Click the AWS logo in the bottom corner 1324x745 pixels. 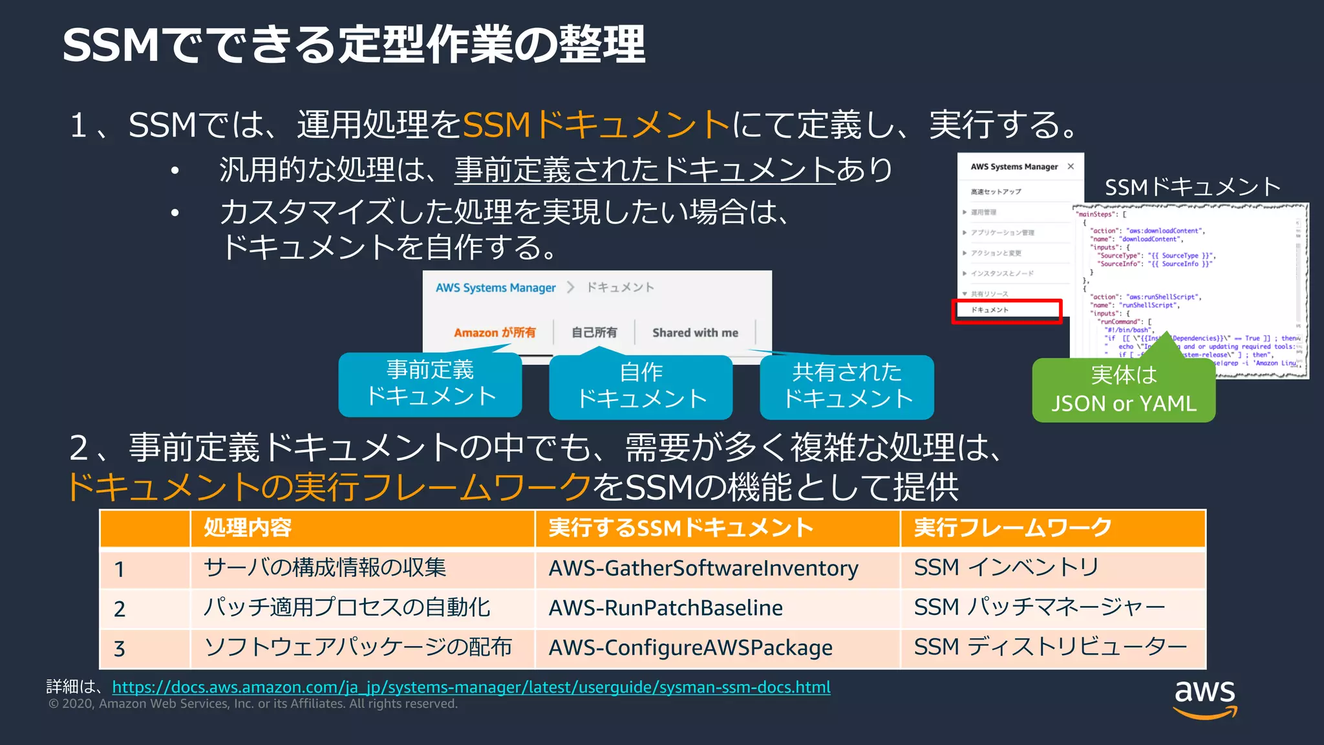(1204, 699)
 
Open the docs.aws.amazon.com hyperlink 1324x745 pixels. (471, 687)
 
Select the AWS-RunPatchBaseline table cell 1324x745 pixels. (666, 608)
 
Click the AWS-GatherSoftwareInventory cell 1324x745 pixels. (703, 568)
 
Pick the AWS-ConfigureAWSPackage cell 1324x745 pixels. (690, 647)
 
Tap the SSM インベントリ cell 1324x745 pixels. (1006, 568)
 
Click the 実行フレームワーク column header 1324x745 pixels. (1012, 528)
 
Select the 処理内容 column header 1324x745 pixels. (248, 528)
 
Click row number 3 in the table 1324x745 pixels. (120, 649)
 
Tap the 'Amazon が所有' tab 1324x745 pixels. (495, 332)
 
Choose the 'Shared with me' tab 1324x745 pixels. (695, 332)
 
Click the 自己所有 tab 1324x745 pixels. (594, 332)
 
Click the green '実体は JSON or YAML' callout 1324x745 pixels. (1124, 390)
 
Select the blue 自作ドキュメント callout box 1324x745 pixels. (641, 386)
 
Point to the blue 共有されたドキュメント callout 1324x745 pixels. (847, 386)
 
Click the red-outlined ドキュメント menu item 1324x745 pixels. (1007, 310)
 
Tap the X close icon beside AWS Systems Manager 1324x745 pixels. (1071, 166)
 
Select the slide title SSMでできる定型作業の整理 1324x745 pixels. (354, 45)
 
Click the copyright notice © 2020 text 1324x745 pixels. (253, 704)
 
